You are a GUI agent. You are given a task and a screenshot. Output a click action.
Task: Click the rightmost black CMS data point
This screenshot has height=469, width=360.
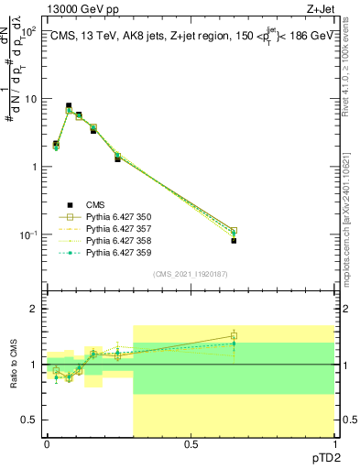(234, 241)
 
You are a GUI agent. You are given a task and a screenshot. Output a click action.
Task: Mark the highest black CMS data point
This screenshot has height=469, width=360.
(68, 106)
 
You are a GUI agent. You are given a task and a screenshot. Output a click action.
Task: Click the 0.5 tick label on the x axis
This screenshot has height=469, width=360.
(190, 443)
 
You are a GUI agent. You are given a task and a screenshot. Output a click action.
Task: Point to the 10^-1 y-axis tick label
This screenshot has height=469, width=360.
(27, 234)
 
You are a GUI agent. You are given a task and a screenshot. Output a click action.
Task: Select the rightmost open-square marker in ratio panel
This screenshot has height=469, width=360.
(234, 336)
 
